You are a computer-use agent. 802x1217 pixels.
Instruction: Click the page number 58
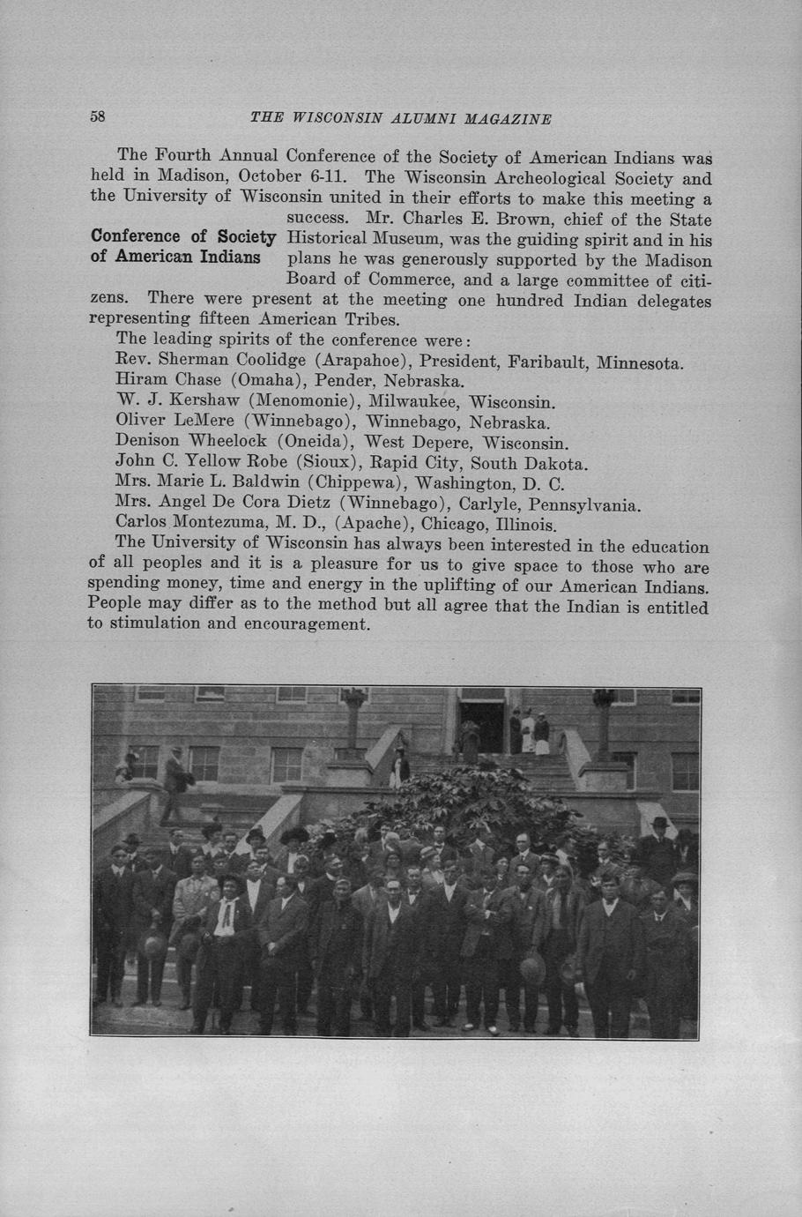point(97,117)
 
